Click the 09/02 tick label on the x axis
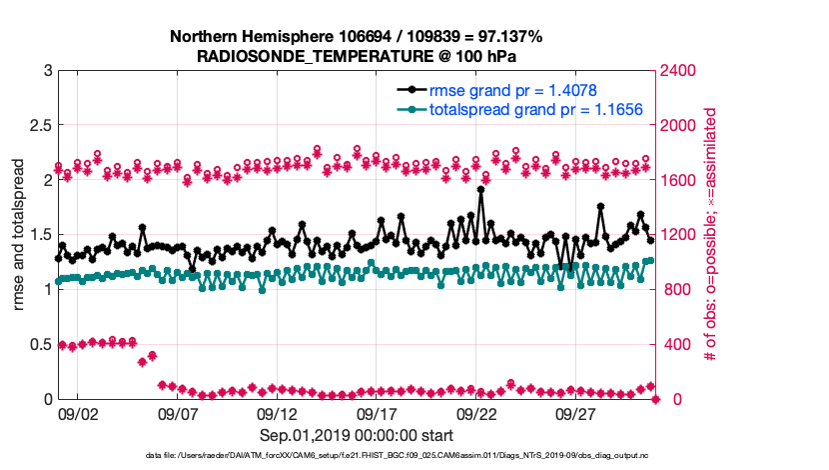(78, 413)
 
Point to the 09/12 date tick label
(278, 413)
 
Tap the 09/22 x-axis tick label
(477, 413)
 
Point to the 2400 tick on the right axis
(681, 71)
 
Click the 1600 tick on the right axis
(681, 180)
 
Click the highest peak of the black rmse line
(481, 188)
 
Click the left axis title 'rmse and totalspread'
(17, 235)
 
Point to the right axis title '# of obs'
(709, 235)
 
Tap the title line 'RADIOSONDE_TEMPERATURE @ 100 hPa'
(357, 56)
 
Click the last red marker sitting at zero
(656, 399)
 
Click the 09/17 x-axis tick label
(378, 413)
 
